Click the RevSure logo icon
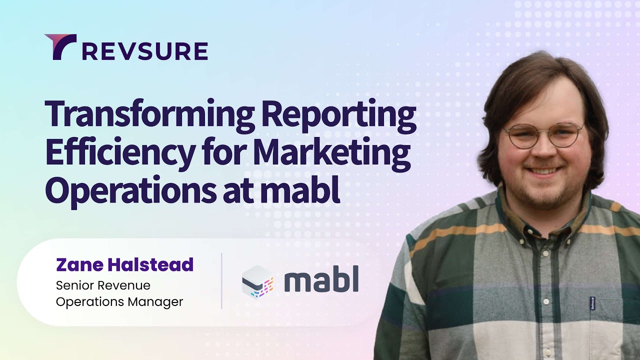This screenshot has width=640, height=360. (x=60, y=46)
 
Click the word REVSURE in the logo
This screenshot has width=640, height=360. (x=145, y=51)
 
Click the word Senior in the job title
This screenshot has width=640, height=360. (x=75, y=285)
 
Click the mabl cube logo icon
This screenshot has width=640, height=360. (x=257, y=282)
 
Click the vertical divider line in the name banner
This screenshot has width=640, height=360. (x=221, y=281)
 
